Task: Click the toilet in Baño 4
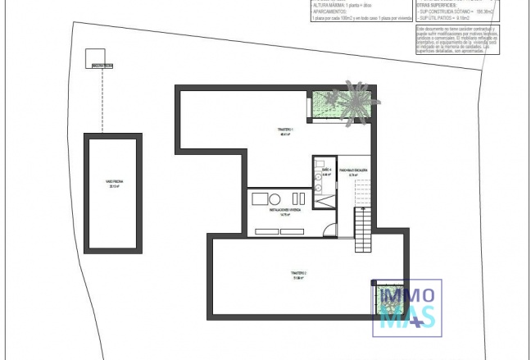click(x=317, y=187)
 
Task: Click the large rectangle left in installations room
click(x=261, y=199)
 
